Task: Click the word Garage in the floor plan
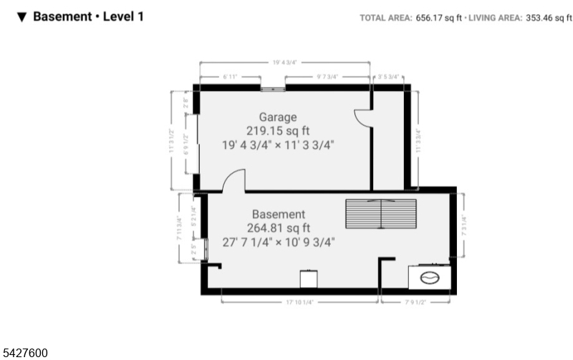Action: [278, 117]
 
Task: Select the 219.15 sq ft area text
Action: [278, 130]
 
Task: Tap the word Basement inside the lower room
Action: [278, 214]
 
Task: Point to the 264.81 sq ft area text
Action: [278, 228]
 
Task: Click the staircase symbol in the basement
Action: [380, 214]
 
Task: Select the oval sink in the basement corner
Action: [430, 277]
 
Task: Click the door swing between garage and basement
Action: [234, 181]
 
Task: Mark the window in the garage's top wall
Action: [272, 88]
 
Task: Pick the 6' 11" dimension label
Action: [229, 76]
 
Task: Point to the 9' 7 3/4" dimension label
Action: [327, 76]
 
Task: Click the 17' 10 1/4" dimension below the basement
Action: [300, 302]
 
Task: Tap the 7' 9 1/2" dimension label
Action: [416, 302]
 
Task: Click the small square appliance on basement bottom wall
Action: [308, 279]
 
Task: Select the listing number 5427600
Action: [26, 352]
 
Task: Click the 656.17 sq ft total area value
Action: [438, 18]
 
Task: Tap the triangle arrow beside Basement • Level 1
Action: [22, 16]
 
